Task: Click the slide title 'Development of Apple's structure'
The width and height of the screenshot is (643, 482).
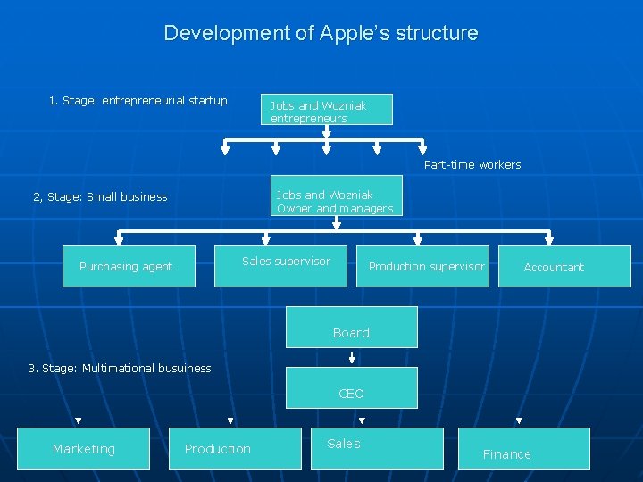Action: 321,34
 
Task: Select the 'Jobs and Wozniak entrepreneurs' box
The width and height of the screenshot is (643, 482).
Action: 326,109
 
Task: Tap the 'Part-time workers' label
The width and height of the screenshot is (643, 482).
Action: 472,165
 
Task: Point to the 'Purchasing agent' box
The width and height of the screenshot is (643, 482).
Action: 129,266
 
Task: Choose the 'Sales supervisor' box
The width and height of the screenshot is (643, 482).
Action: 280,266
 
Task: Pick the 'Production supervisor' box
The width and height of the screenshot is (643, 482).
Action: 423,266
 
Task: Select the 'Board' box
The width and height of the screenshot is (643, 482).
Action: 351,327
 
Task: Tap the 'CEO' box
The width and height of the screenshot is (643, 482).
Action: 351,387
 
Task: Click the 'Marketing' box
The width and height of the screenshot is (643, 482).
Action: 84,448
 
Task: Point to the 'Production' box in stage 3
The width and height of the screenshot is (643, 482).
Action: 235,448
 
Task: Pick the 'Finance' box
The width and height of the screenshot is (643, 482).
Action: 524,448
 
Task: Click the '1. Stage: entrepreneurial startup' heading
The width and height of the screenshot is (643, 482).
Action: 138,100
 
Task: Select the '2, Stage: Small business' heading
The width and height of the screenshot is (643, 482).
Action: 100,197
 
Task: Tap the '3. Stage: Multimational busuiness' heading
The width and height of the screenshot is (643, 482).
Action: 120,368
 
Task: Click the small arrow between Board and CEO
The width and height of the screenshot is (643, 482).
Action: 352,358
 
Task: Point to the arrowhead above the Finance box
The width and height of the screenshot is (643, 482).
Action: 519,420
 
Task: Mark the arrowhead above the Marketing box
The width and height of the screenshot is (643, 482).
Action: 78,420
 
